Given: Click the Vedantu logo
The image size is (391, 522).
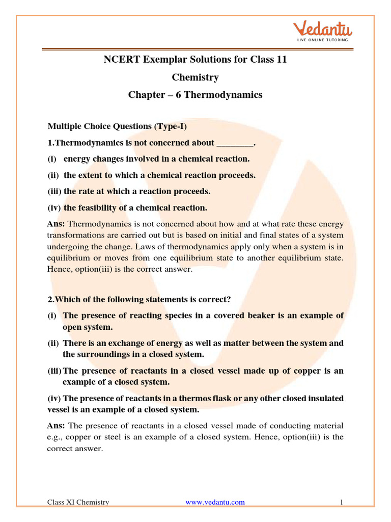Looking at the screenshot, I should pos(319,27).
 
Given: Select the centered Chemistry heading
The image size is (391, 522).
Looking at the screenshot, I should pos(195,77).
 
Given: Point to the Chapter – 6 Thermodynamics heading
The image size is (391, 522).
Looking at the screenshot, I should pos(195,95).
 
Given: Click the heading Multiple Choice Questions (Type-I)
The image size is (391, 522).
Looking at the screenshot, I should pos(120,126).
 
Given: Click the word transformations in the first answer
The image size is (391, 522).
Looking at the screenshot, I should pos(74,235).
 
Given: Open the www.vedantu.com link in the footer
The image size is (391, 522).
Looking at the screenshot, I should pos(215,502).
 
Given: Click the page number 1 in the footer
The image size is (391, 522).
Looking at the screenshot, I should pos(342,502).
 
